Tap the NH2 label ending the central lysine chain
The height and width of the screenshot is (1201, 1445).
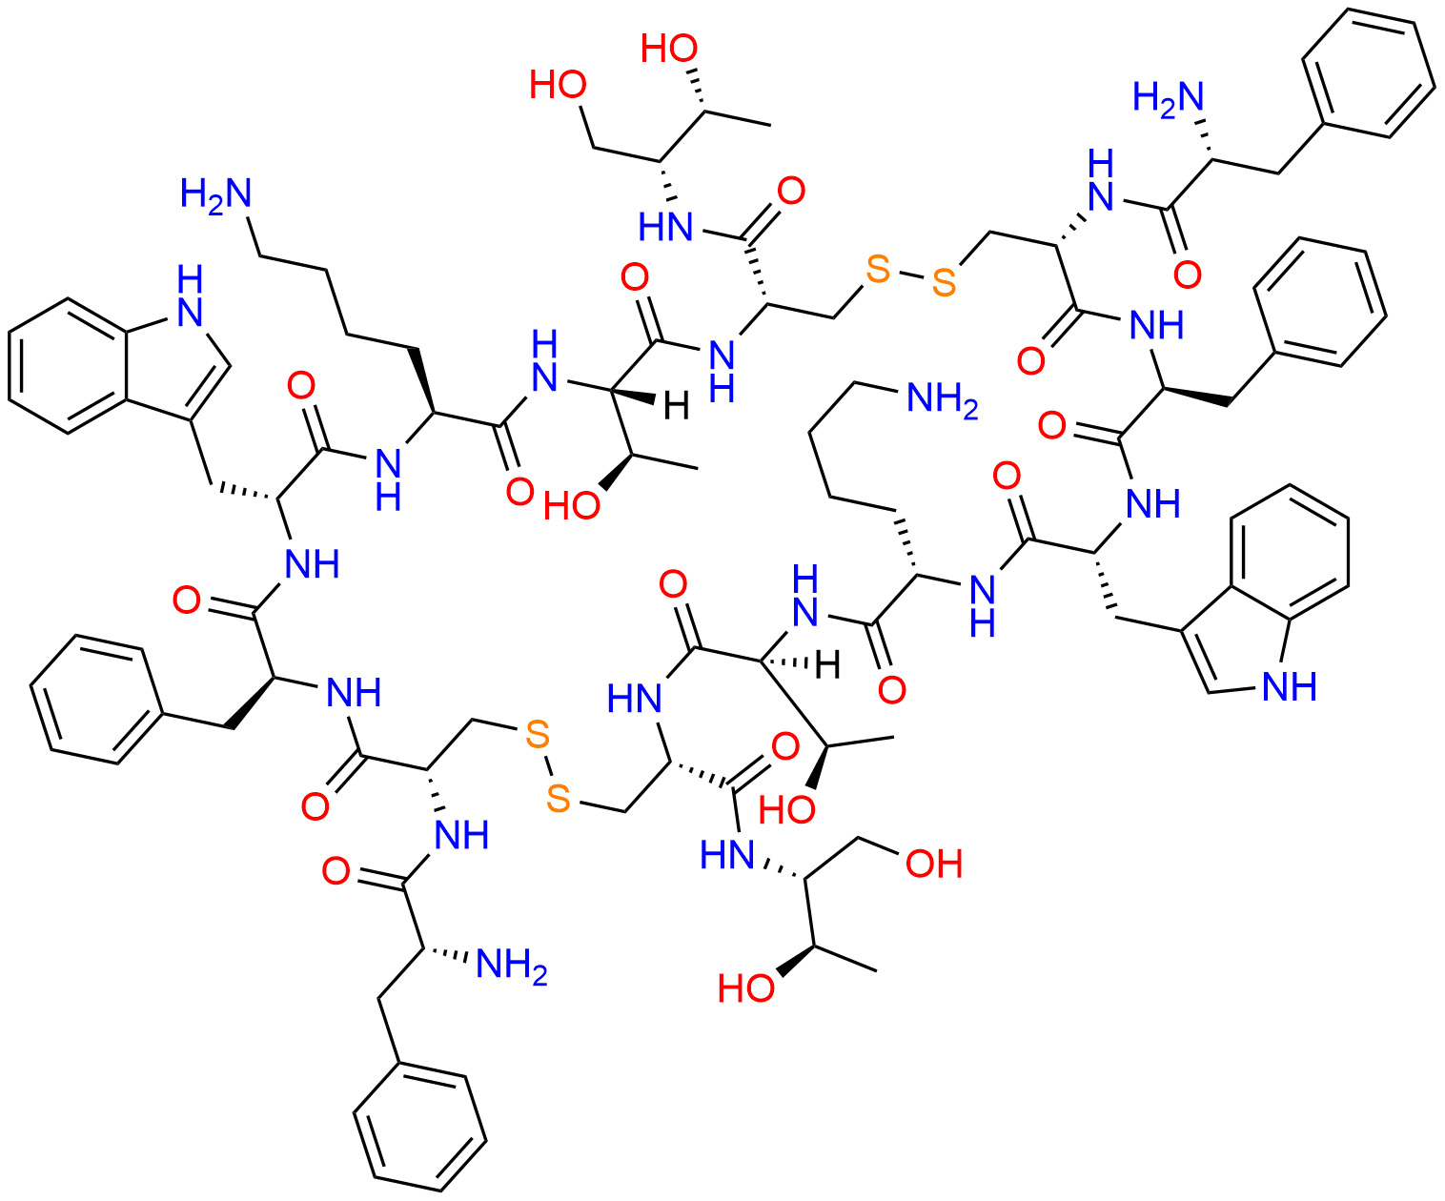(x=942, y=400)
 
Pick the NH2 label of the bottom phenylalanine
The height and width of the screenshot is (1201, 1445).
(x=512, y=967)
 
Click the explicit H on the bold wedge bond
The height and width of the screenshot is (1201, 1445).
(x=676, y=406)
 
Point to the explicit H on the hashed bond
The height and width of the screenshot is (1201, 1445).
(x=827, y=666)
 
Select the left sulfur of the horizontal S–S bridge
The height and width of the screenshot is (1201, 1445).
(x=878, y=270)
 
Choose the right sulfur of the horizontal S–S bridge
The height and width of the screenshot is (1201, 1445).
(x=944, y=282)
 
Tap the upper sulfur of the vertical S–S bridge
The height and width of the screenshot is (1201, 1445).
(x=537, y=735)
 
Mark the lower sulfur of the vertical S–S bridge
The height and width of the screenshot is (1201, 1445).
(x=558, y=800)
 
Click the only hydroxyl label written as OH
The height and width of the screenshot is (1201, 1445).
(x=934, y=864)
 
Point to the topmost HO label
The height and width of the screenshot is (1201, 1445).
(x=668, y=49)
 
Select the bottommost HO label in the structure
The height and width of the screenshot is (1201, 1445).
(x=746, y=988)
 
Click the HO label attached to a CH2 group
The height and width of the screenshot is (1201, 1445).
(x=558, y=85)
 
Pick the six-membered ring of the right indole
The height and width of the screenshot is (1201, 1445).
(x=1290, y=553)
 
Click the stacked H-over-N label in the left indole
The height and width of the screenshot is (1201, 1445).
(x=190, y=296)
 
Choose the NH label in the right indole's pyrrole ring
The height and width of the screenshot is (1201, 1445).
(x=1290, y=686)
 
